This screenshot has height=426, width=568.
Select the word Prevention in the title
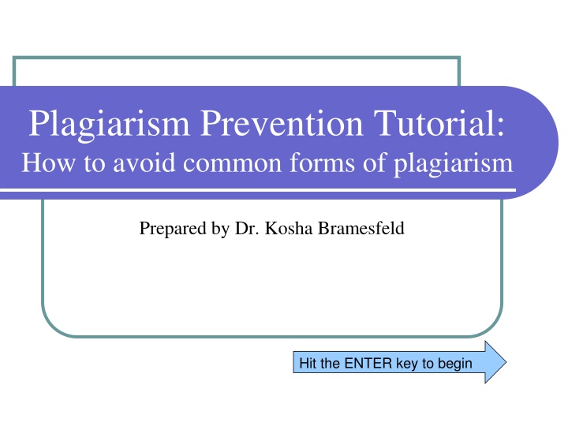coord(282,123)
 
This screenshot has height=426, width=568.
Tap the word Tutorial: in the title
coord(439,123)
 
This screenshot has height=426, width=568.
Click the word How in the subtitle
coord(48,163)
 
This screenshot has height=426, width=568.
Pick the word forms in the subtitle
coord(323,163)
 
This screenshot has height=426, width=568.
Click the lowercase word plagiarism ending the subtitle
coord(454,164)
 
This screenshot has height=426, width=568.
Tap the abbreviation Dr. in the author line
coord(247,228)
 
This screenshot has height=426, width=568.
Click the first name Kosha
coord(289,228)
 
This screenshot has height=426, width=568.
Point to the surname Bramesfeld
coord(361,228)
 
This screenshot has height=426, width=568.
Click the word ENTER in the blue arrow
coord(368,363)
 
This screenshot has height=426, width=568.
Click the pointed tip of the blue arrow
coord(506,362)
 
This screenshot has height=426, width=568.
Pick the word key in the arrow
coord(407,364)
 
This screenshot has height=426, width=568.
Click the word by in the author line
coord(220,229)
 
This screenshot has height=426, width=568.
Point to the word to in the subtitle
coord(94,163)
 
